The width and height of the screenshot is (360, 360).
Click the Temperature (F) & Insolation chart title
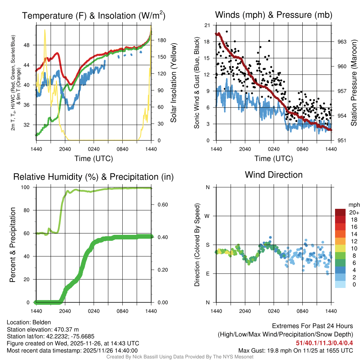94,16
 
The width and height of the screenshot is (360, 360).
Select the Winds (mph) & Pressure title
274,15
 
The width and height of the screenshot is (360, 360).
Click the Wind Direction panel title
274,175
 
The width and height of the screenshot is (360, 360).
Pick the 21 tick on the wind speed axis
207,25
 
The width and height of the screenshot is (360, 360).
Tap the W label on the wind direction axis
208,216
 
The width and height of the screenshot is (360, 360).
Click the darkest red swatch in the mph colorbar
341,212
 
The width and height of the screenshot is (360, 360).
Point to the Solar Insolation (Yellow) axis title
173,83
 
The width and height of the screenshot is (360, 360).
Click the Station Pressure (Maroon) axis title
354,83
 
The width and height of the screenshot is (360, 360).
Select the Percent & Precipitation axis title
13,245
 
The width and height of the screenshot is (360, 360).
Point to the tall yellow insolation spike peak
45,30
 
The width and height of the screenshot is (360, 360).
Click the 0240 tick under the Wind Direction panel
274,311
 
